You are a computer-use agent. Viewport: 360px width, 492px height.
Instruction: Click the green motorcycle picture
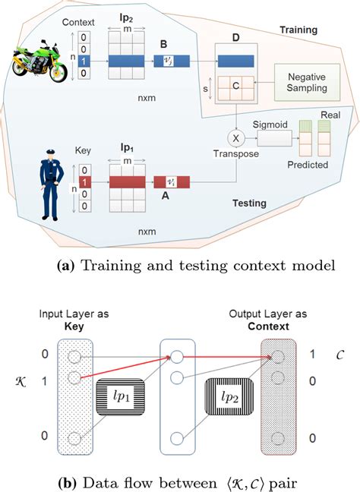click(38, 61)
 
